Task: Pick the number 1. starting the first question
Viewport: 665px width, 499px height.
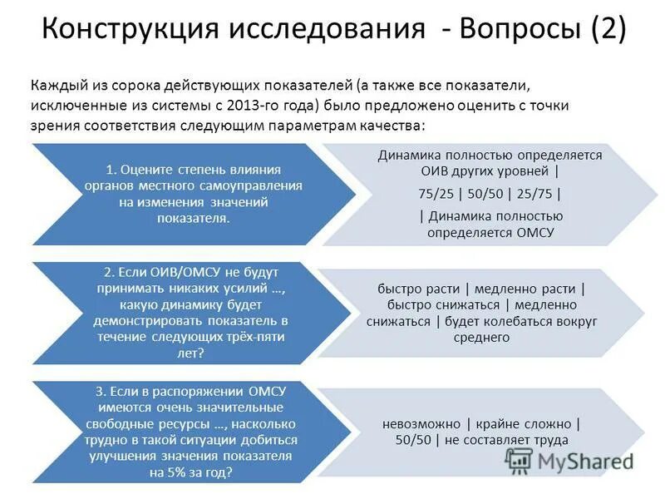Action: (x=112, y=169)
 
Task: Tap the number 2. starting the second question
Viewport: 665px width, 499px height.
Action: (x=109, y=272)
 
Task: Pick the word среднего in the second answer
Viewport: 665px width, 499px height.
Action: (x=481, y=337)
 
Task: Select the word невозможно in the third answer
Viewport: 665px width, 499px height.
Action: (x=420, y=422)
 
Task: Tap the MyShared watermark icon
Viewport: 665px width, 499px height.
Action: (x=521, y=460)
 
